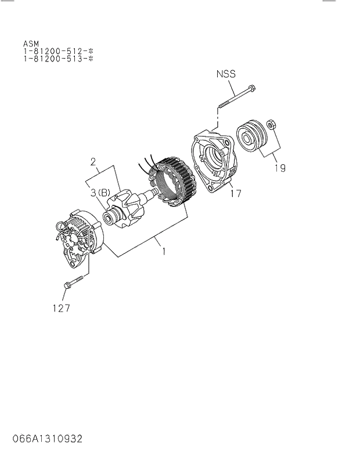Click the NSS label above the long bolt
[226, 74]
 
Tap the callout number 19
[279, 168]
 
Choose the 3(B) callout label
[99, 192]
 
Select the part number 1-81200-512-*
[58, 51]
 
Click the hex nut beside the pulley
[271, 124]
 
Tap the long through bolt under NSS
[237, 97]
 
